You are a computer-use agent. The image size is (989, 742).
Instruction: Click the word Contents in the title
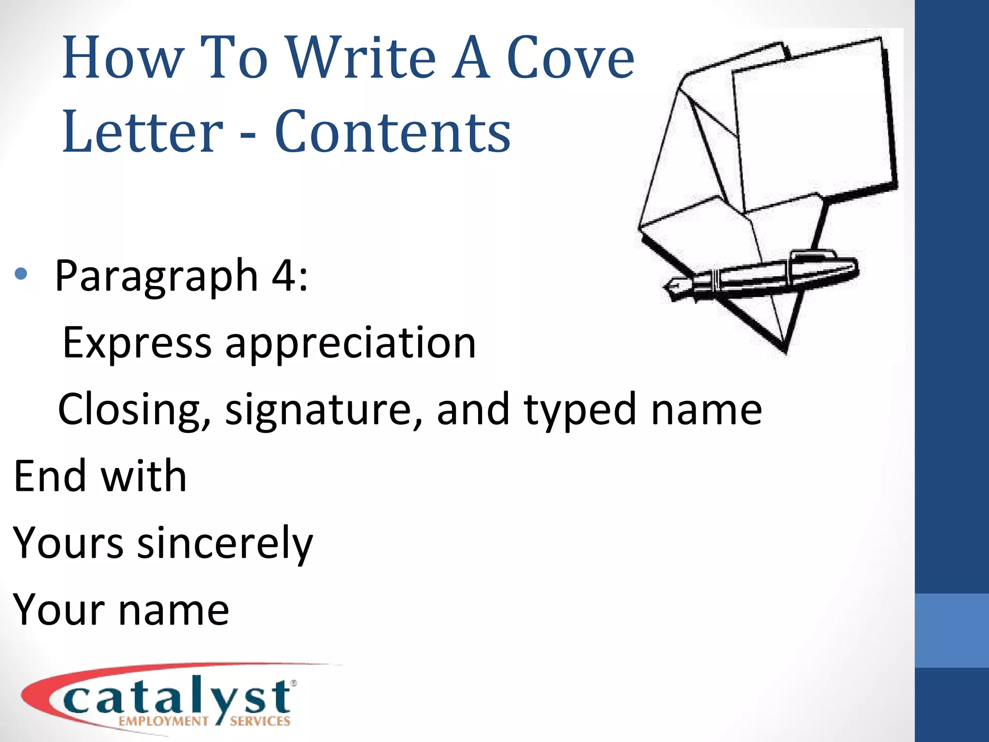[x=392, y=131]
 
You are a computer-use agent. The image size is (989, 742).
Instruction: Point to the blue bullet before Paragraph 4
[x=21, y=274]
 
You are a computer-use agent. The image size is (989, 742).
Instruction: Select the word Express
[x=137, y=343]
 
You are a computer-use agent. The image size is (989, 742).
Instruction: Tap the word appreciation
[x=351, y=344]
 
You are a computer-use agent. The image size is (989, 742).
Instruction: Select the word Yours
[x=69, y=543]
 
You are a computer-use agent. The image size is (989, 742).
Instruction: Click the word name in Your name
[x=174, y=610]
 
